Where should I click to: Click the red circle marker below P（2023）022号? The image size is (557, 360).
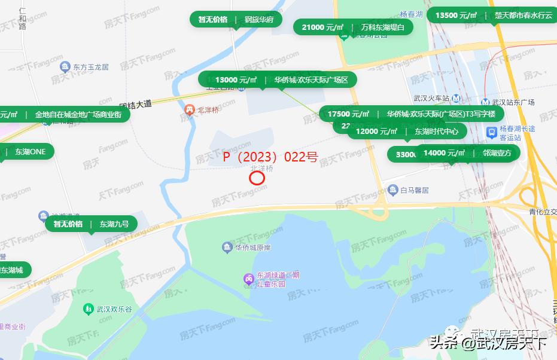pos(257,178)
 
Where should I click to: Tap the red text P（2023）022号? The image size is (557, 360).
pos(270,157)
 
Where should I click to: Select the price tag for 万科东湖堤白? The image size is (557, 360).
pos(354,27)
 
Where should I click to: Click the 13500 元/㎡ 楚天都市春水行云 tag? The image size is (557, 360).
pos(491,16)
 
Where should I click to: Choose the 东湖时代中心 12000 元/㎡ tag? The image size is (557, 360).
pos(407,132)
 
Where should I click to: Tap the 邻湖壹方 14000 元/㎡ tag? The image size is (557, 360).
pos(467,153)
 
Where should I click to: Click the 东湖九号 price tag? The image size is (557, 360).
pos(91,224)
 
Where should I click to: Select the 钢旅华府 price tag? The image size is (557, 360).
pos(236,19)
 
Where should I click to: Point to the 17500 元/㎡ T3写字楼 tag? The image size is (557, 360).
pos(412,114)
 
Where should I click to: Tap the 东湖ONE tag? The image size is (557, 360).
pos(27,151)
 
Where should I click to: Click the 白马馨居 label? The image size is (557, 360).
pos(415,190)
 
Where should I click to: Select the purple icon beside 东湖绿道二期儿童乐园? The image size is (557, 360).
pos(248,279)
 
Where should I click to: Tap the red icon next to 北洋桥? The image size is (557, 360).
pos(189,109)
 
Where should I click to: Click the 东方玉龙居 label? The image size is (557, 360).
pos(90,67)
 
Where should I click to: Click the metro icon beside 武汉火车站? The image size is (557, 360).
pos(456,98)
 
